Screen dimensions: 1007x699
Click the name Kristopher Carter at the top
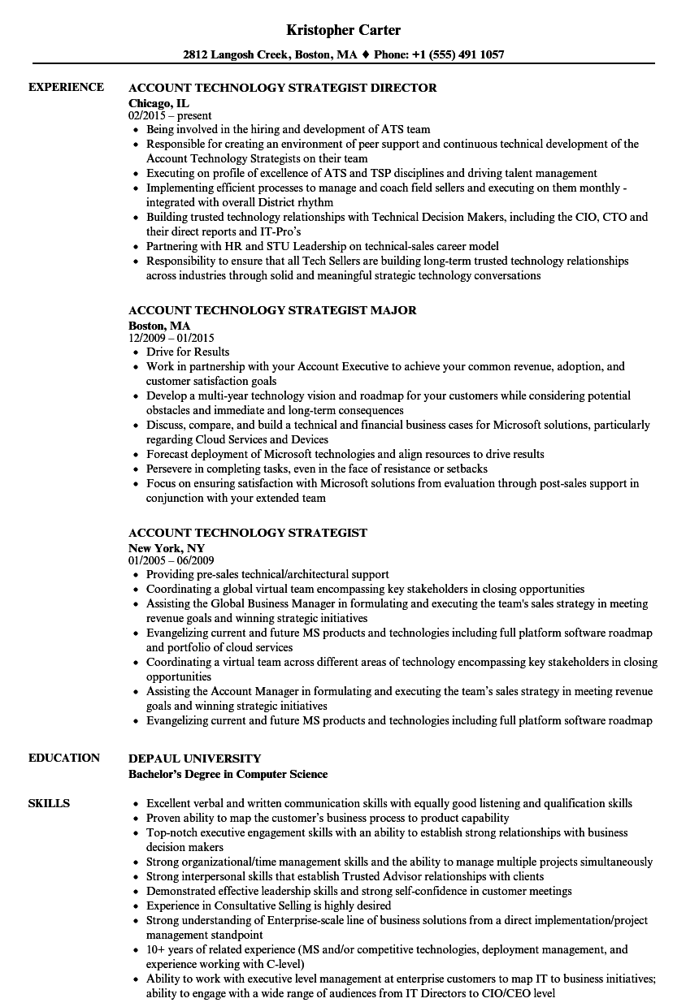[x=344, y=30]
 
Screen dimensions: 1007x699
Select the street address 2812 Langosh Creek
[x=245, y=55]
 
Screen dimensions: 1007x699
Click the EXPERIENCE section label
[x=66, y=87]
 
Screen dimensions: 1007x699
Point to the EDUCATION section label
[x=64, y=758]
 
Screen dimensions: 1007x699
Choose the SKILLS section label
[x=49, y=803]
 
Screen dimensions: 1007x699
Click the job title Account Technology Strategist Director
[x=282, y=88]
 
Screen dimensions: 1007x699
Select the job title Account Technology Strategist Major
[x=272, y=310]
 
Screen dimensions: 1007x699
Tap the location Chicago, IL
[x=158, y=103]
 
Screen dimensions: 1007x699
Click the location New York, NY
[x=167, y=548]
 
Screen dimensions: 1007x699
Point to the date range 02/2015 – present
[x=170, y=115]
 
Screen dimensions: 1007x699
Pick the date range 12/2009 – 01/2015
[x=171, y=338]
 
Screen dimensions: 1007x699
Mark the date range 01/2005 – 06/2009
[x=171, y=560]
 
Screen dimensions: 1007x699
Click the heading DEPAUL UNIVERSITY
[x=195, y=758]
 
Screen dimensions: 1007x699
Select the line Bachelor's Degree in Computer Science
[x=228, y=774]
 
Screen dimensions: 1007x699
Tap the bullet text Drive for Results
[x=188, y=352]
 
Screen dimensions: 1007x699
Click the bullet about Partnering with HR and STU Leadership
[x=323, y=246]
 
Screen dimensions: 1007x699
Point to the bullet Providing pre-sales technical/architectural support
[x=267, y=574]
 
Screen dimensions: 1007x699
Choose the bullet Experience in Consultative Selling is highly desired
[x=268, y=905]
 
